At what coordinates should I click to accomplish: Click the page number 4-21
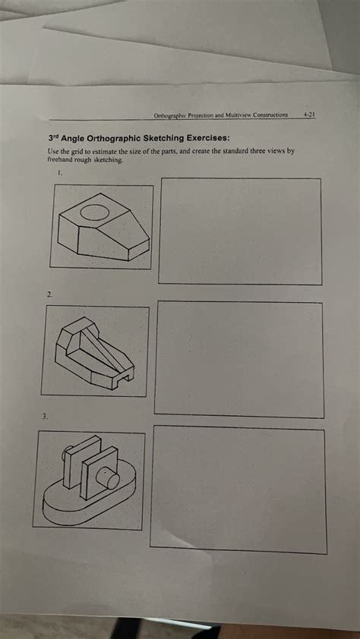pos(309,115)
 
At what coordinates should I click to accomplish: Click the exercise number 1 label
pos(60,173)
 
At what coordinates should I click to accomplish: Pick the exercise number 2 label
pos(49,293)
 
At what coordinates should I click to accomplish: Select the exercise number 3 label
pos(45,417)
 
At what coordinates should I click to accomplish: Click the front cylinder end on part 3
pos(112,480)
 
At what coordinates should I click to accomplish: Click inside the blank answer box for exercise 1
pos(239,231)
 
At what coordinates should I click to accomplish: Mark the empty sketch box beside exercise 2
pos(238,358)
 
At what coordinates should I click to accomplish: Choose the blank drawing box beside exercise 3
pos(238,487)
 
